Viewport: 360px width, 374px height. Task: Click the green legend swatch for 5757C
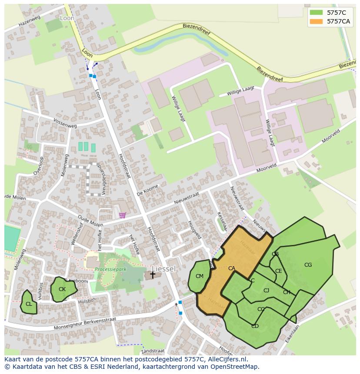pos(316,13)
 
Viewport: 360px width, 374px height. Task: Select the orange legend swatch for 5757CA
pos(316,21)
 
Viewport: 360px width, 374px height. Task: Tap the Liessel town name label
pos(164,269)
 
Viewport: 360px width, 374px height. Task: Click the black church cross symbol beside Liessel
pos(153,274)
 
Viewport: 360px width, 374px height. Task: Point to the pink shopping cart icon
pos(123,215)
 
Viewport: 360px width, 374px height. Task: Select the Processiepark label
pos(110,269)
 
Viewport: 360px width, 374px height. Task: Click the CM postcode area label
pos(200,276)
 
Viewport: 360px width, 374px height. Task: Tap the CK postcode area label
pos(62,289)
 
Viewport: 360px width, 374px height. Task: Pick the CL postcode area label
pos(29,304)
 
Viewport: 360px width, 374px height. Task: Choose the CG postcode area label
pos(308,265)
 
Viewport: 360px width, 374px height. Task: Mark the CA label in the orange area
pos(232,268)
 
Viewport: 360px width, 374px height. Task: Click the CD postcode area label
pos(255,326)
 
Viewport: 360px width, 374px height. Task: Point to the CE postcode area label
pos(279,271)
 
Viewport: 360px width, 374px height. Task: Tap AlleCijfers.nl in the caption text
pos(226,359)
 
